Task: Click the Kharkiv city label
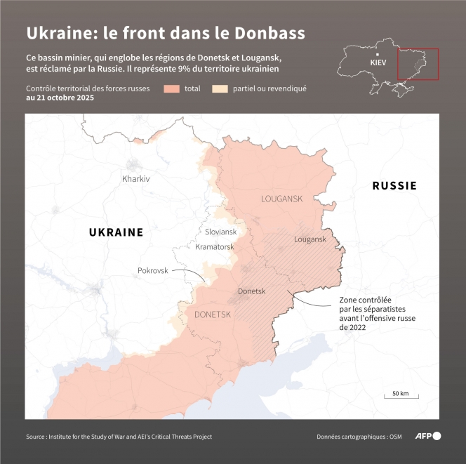[136, 179]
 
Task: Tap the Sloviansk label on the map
[220, 232]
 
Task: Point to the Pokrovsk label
[153, 270]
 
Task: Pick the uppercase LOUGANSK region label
[281, 199]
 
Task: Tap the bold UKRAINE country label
[116, 232]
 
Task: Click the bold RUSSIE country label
[394, 186]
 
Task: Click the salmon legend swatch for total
[172, 89]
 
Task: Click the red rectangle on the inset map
[418, 65]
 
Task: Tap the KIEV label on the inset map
[378, 62]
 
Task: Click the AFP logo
[427, 436]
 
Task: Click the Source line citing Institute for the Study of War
[119, 437]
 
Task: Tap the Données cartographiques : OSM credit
[354, 437]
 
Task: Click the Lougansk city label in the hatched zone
[310, 239]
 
